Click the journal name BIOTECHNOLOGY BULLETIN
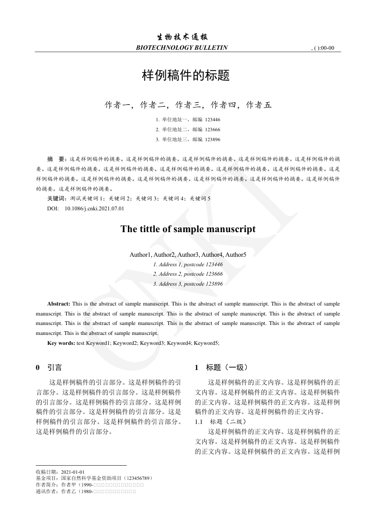point(181,47)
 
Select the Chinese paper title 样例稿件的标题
point(186,75)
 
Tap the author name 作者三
point(188,105)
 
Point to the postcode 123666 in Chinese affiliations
point(212,129)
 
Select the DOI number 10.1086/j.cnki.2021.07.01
point(94,208)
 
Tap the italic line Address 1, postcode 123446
point(188,264)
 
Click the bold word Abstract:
point(59,303)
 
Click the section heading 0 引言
point(49,368)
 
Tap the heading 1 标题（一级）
point(221,368)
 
